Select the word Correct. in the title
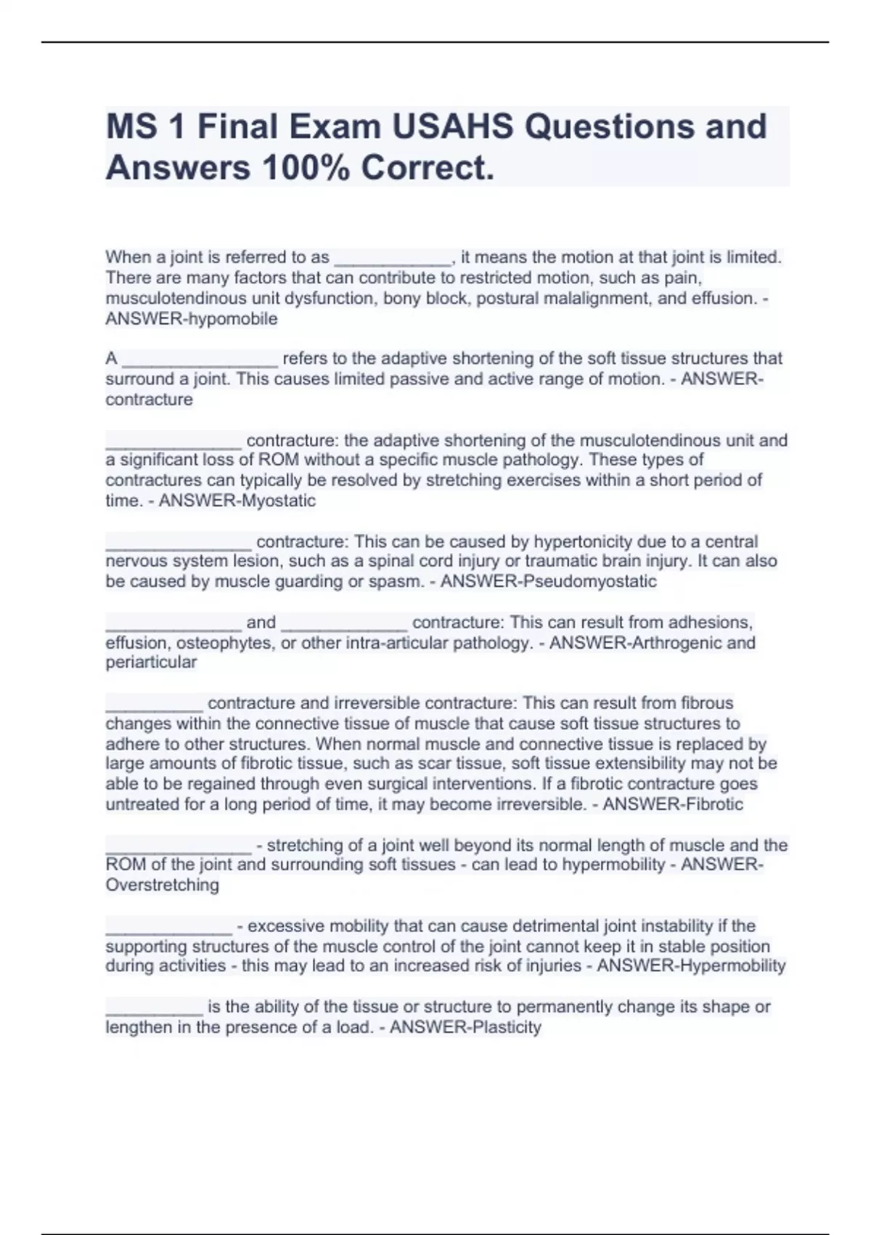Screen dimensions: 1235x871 coord(428,168)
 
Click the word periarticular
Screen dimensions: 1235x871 coord(151,662)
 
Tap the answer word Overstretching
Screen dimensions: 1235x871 coord(162,885)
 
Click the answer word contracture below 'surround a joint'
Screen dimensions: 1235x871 coord(149,400)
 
